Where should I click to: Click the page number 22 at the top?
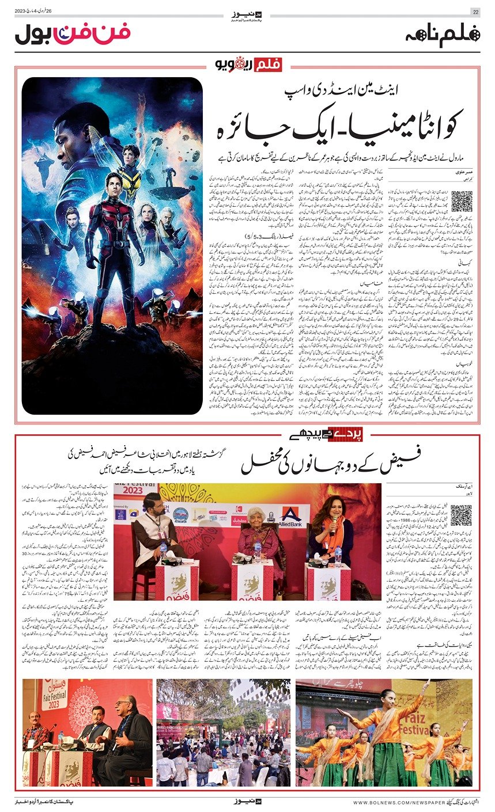pyautogui.click(x=475, y=12)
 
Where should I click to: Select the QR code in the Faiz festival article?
pyautogui.click(x=461, y=515)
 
